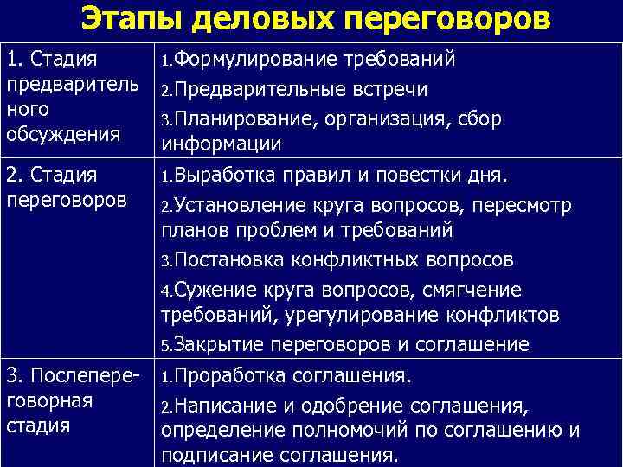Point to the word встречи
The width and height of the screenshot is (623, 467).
[386, 90]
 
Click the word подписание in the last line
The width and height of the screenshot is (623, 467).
[212, 455]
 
